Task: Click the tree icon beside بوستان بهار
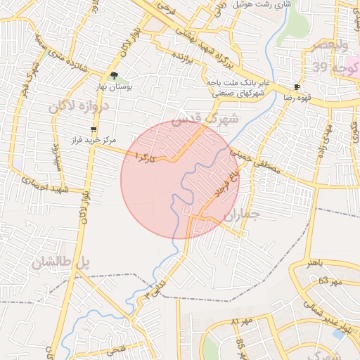pos(114,76)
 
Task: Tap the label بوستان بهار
pos(115,87)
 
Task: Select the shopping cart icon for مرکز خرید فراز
pos(94,130)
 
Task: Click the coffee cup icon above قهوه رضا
pos(297,88)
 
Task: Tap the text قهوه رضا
pos(297,98)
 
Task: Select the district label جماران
pos(241,214)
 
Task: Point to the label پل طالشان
pos(62,263)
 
